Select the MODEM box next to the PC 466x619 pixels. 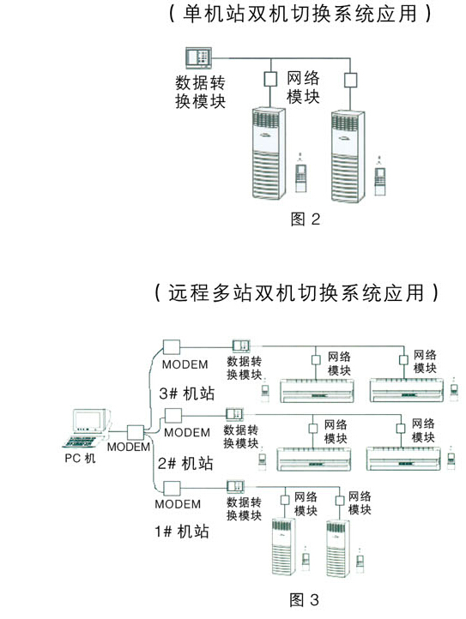[x=136, y=432]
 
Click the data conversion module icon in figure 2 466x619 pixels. [x=197, y=60]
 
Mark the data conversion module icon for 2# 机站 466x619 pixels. [x=237, y=415]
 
